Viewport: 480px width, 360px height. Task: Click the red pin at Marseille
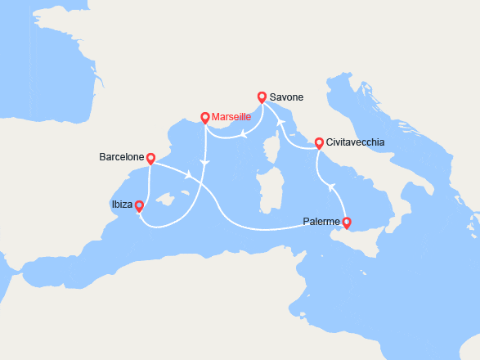(x=204, y=118)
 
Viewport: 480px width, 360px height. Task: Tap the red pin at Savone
(x=262, y=97)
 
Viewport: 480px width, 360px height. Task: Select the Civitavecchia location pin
(x=319, y=142)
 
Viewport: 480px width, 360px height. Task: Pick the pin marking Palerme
(x=346, y=223)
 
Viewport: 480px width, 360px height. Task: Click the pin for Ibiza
(x=139, y=206)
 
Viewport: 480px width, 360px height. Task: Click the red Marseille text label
(x=231, y=117)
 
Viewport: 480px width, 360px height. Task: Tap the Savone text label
(x=286, y=97)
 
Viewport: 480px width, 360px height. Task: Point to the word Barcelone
(x=121, y=156)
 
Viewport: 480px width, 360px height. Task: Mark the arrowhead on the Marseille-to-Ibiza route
(x=204, y=164)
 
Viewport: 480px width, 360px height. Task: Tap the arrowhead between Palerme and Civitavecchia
(x=332, y=187)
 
